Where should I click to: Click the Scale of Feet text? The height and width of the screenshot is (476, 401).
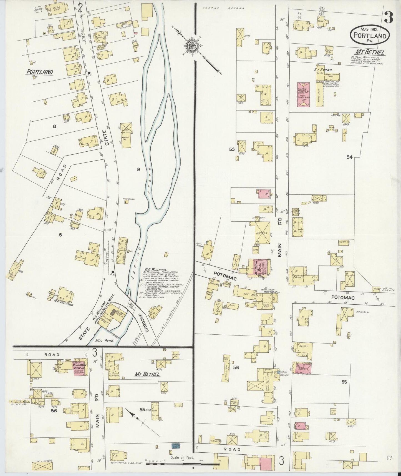pyautogui.click(x=178, y=458)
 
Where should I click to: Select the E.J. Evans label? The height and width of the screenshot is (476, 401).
pyautogui.click(x=323, y=70)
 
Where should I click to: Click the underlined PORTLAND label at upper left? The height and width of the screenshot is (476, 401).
pyautogui.click(x=40, y=72)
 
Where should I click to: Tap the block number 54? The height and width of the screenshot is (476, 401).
pyautogui.click(x=349, y=157)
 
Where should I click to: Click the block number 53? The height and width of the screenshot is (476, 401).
pyautogui.click(x=232, y=149)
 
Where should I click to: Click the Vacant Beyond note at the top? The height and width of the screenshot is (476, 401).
pyautogui.click(x=223, y=8)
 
